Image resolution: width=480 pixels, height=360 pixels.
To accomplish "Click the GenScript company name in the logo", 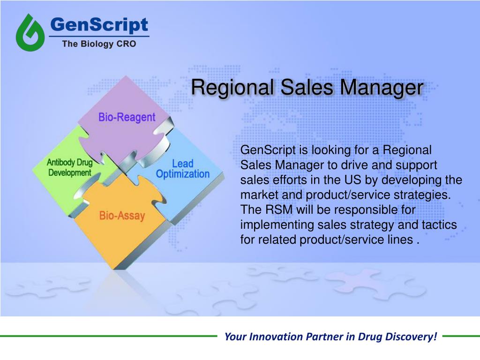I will pyautogui.click(x=99, y=24).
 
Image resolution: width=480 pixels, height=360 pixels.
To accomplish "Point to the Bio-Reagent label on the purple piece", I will pyautogui.click(x=127, y=117).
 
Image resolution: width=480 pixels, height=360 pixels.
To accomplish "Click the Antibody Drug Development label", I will pyautogui.click(x=69, y=167).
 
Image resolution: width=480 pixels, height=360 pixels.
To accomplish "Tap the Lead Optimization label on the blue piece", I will pyautogui.click(x=182, y=169).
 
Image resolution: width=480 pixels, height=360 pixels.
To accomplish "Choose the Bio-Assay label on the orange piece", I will pyautogui.click(x=122, y=216).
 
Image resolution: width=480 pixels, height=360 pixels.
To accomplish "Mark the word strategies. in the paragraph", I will pyautogui.click(x=424, y=195).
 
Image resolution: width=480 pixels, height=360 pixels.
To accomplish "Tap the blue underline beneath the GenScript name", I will pyautogui.click(x=99, y=36).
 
